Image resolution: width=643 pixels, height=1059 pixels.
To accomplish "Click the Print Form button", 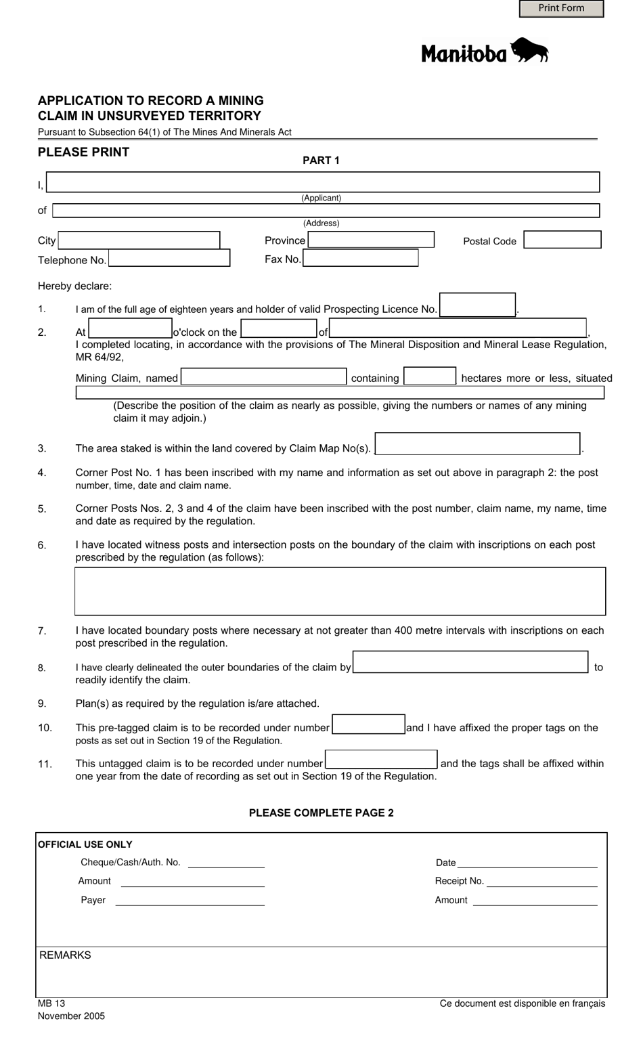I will click(x=561, y=8).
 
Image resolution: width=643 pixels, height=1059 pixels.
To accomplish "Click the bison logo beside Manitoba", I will click(x=529, y=51).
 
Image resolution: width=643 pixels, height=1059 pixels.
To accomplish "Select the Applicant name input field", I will click(x=323, y=182).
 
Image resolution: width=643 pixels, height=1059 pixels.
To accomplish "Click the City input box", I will click(x=139, y=240).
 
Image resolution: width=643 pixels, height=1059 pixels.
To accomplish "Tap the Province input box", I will click(x=371, y=240).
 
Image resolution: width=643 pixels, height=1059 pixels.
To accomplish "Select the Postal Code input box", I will click(x=562, y=240).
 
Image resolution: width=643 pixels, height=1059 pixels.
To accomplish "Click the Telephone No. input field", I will click(x=169, y=258).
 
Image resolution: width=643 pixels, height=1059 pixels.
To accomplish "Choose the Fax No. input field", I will click(x=360, y=258).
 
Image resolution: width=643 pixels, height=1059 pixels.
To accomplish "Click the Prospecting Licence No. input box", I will click(x=477, y=305).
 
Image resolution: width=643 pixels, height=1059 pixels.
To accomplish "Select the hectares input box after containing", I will click(x=430, y=376).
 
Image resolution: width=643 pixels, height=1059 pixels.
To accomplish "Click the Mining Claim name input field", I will click(x=264, y=376).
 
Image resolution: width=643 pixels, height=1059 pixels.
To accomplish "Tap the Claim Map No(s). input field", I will click(x=477, y=444).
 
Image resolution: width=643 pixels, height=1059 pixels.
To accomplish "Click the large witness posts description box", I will click(x=340, y=591).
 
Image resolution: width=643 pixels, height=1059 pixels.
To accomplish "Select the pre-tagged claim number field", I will click(x=368, y=725).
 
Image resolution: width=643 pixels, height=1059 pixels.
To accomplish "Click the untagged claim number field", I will click(x=381, y=760).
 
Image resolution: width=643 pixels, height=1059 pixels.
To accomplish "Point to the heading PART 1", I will click(x=321, y=160).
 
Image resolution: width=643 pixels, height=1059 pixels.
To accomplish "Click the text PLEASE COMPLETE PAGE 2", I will click(x=321, y=813).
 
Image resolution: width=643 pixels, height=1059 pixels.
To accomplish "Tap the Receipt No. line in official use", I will click(x=541, y=882).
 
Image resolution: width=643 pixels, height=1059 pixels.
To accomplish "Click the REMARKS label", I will click(x=65, y=955).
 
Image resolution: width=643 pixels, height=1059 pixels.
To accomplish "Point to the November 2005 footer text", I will click(x=71, y=1016).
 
